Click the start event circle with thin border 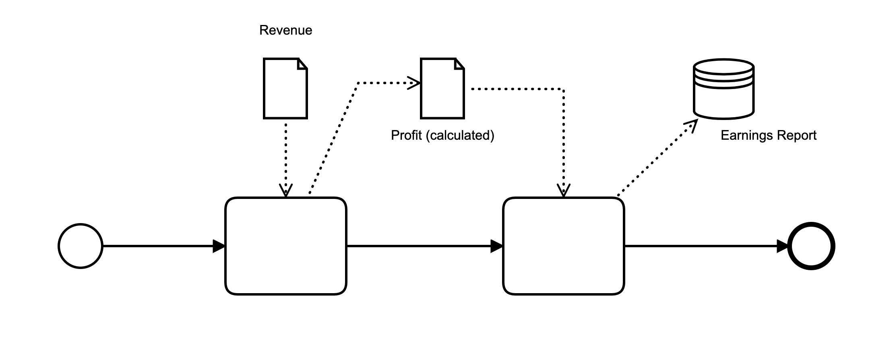81,246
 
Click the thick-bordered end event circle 811,246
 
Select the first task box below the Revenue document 285,246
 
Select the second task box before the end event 563,246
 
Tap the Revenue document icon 285,89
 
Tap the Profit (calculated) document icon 442,89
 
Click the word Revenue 285,30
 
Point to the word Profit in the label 406,135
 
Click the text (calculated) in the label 460,135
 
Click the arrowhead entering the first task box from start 219,246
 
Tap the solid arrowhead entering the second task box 497,246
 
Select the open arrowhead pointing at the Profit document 415,83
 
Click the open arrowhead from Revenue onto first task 285,190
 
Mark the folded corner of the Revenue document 303,64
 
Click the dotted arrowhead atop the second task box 563,190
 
